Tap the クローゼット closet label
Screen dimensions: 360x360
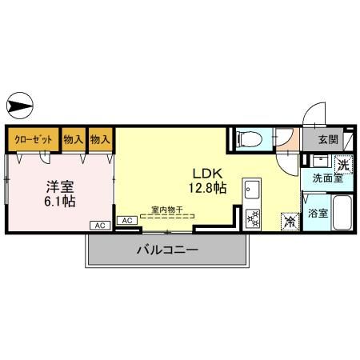(x=33, y=140)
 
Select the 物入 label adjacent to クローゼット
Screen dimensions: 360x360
(x=73, y=140)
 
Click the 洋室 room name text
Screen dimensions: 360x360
(x=58, y=186)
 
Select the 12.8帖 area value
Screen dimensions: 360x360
(x=206, y=189)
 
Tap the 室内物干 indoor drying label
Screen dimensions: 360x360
(x=166, y=210)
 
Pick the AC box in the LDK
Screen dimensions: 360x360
(x=126, y=220)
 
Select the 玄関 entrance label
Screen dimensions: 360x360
(x=328, y=139)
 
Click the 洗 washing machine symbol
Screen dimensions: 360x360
(x=342, y=166)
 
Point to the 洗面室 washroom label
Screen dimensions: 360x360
(x=327, y=178)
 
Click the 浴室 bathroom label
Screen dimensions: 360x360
(x=318, y=214)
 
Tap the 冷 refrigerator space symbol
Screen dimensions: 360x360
(x=286, y=223)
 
